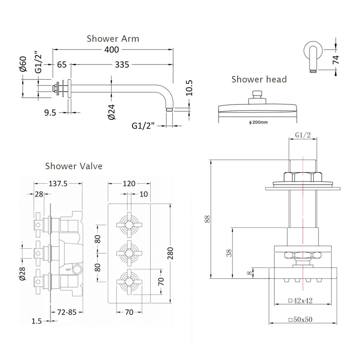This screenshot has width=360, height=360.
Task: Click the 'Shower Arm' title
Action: [x=113, y=39]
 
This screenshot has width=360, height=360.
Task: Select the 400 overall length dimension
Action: [x=112, y=49]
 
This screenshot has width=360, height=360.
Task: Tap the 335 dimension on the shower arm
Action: [x=122, y=65]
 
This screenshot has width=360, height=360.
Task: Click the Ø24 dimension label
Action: [x=111, y=112]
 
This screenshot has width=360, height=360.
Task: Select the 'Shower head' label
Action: [x=259, y=79]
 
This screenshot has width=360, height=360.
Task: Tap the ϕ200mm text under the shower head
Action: [x=258, y=122]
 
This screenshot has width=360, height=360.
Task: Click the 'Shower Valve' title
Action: [x=74, y=166]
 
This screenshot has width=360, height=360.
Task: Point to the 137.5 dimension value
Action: [x=58, y=184]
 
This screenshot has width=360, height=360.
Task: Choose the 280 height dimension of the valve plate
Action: [x=170, y=254]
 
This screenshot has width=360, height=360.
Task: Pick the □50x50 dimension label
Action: [x=300, y=319]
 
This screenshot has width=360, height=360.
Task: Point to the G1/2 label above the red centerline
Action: [x=303, y=135]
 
